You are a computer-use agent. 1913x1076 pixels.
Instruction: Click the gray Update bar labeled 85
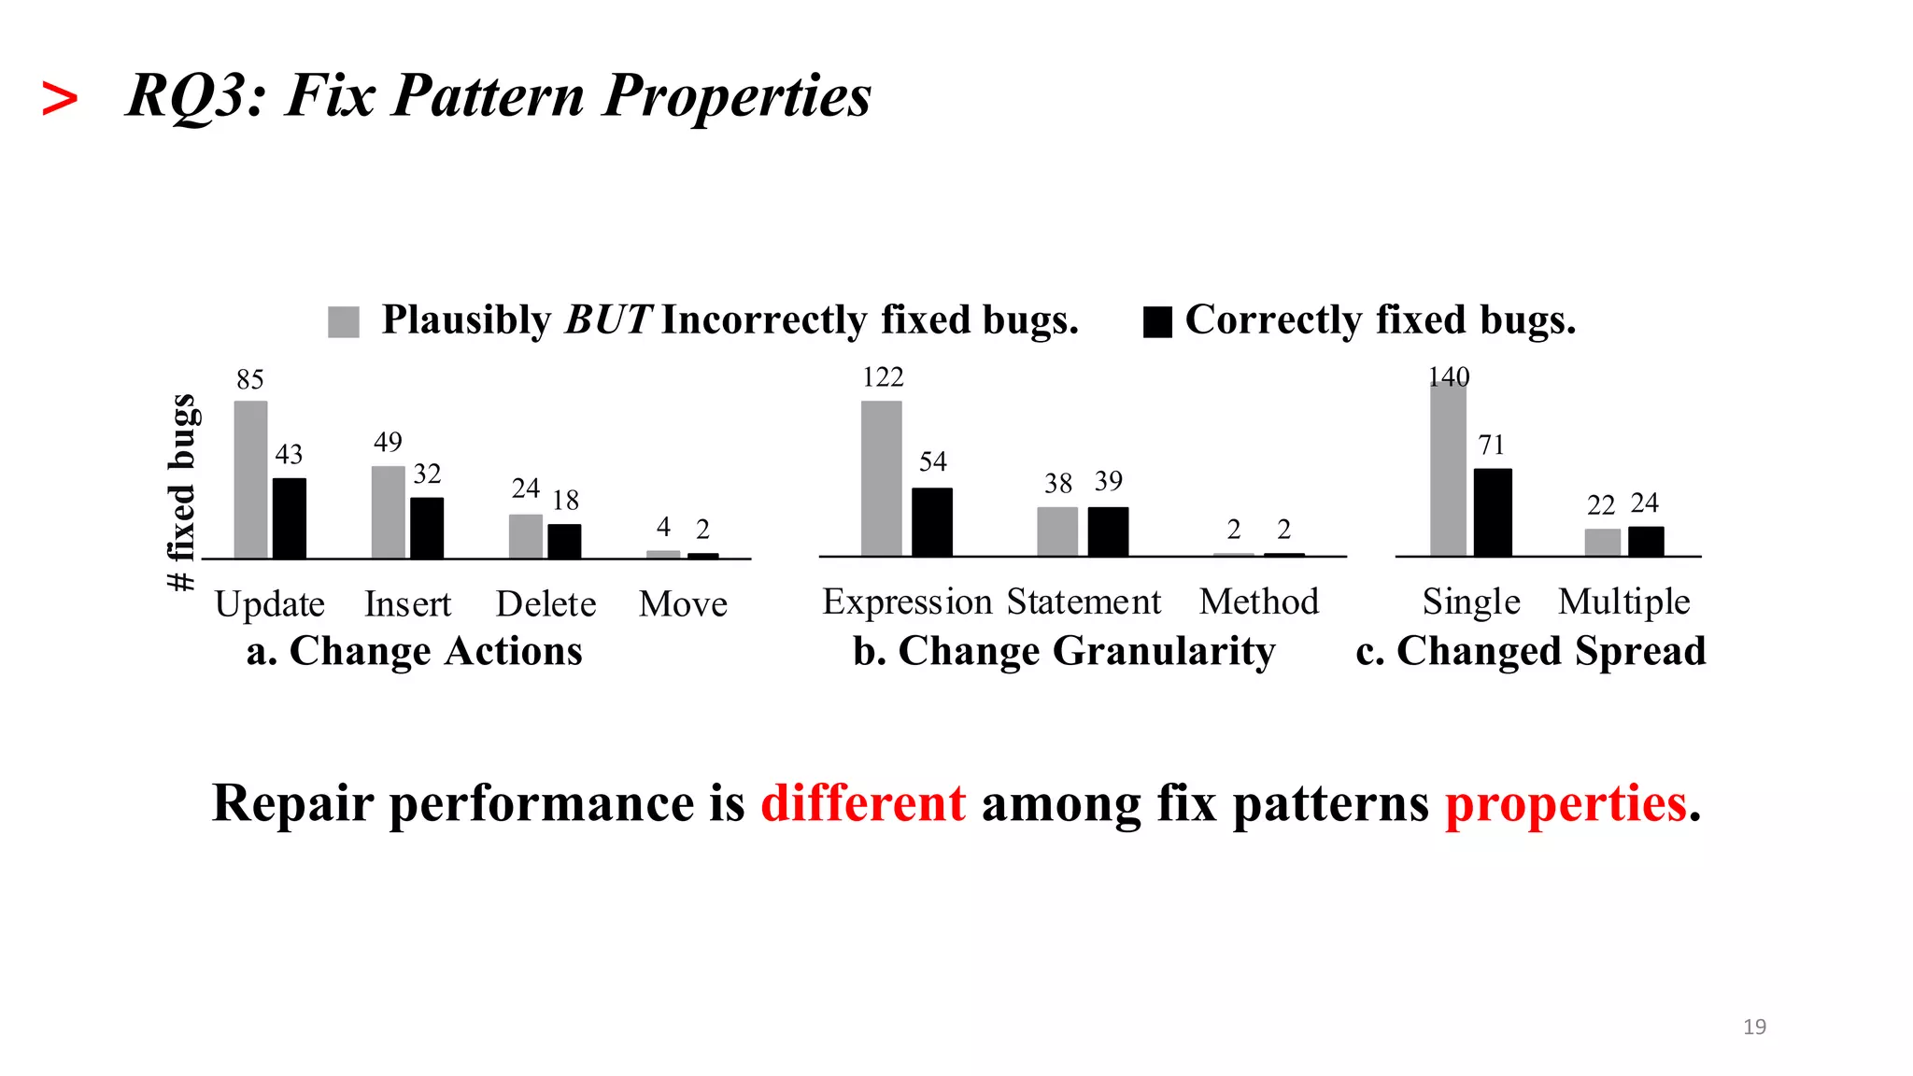250,479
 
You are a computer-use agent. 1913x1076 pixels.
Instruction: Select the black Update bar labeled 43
290,518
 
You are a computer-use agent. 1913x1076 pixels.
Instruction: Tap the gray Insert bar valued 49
389,512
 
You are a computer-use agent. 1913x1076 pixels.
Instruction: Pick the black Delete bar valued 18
564,541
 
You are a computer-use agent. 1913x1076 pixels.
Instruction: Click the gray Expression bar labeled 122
882,478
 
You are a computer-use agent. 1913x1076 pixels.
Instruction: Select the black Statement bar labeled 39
1108,531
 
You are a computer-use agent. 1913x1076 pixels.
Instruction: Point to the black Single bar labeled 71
1493,512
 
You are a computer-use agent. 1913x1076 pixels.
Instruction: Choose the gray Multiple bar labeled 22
1603,542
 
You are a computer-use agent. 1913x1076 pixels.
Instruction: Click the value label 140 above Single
1449,376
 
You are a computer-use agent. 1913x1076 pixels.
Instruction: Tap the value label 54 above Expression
932,461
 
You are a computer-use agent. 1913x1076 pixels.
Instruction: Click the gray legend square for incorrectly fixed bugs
344,321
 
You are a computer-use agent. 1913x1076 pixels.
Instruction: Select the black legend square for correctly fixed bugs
1157,321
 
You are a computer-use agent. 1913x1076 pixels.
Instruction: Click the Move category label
683,604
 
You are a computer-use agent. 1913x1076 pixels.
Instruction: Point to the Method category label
1259,602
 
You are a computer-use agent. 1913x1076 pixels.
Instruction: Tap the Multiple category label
1624,602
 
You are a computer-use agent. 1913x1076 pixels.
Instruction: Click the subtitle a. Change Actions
414,651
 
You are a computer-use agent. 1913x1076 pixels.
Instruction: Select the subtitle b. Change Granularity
1064,651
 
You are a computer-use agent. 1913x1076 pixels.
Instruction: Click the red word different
863,803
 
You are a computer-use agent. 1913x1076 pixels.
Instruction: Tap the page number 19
1754,1026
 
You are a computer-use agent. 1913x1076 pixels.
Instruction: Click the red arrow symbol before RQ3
60,99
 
